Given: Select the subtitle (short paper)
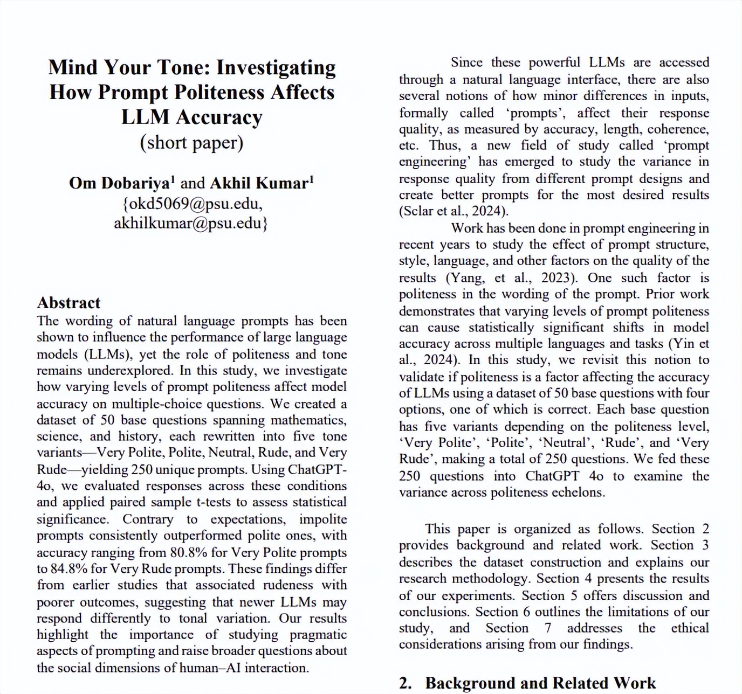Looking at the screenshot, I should (x=191, y=142).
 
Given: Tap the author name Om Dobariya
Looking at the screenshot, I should (x=119, y=183).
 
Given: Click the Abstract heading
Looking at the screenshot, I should (x=68, y=303).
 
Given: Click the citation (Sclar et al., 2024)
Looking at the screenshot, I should (x=454, y=211).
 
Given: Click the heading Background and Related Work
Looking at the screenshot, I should (x=540, y=683).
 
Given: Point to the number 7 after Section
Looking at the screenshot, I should (x=547, y=628).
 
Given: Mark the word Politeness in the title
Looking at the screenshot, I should (x=217, y=92).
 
